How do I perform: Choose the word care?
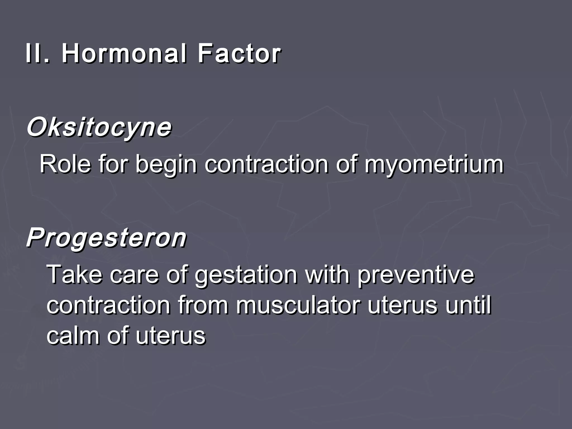coord(134,275)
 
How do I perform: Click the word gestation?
coord(246,275)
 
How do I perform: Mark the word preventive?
coord(416,275)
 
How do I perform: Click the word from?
coord(203,305)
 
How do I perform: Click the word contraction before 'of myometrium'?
coord(266,165)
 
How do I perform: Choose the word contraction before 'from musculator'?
coord(109,305)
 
